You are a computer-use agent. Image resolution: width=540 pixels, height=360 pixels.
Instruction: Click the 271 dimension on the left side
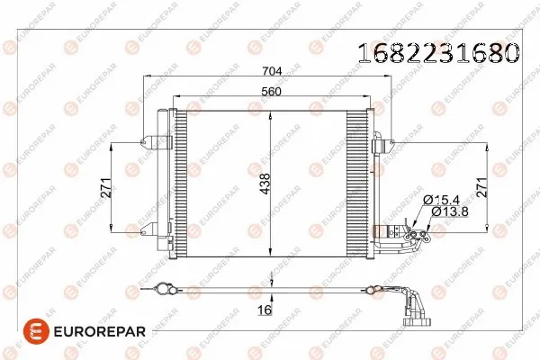click(105, 188)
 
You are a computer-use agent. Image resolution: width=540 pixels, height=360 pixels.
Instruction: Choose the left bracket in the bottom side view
click(164, 289)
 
